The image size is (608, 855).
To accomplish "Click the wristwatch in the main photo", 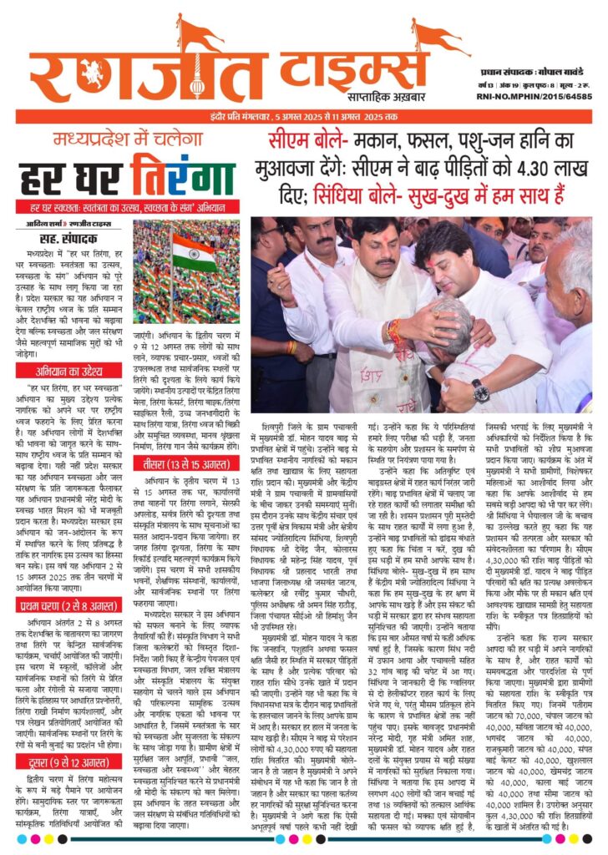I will tap(480, 390).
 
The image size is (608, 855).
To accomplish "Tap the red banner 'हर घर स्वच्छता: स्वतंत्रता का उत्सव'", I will tap(125, 205).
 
